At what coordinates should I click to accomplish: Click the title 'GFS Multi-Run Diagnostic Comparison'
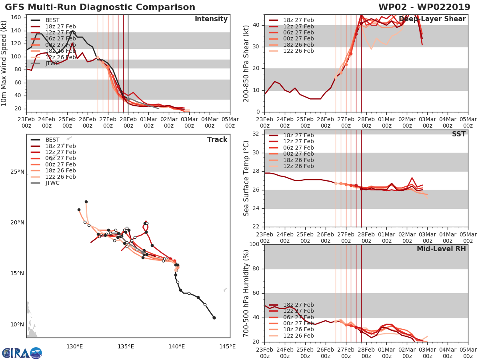point(100,7)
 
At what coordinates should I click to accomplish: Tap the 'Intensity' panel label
point(211,19)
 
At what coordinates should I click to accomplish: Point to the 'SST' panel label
point(458,134)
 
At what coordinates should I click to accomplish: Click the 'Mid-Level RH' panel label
point(441,249)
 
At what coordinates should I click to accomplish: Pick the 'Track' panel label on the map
point(217,140)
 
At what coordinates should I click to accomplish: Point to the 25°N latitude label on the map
point(17,172)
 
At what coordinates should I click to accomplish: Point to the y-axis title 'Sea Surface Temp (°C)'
point(246,178)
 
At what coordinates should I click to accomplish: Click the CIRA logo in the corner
point(22,353)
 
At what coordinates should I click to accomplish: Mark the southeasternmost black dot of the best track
point(214,318)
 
